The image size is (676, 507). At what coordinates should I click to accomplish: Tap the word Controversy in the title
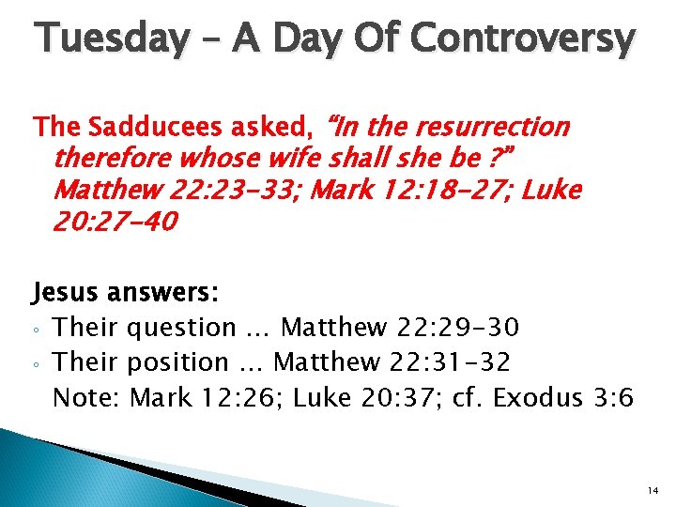coord(524,38)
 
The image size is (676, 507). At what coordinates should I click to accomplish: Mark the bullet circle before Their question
coord(38,330)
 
